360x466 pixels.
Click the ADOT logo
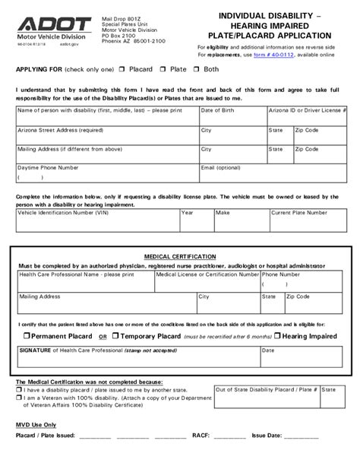46,25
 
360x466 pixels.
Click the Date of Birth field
232,116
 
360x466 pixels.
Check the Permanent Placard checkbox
26,335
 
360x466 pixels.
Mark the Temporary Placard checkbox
115,335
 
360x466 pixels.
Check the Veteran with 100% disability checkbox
19,398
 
